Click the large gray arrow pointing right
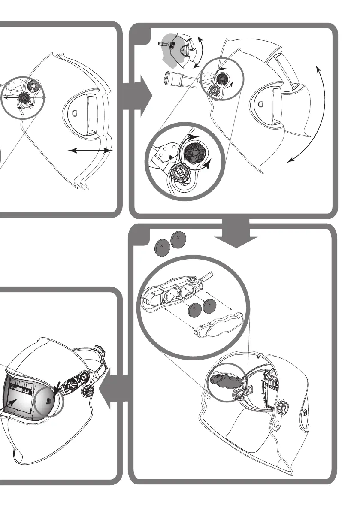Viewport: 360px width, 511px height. click(138, 98)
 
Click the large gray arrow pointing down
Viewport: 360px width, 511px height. click(236, 235)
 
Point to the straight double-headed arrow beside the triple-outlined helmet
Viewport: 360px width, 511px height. click(91, 151)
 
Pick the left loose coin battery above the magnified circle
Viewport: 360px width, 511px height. click(161, 248)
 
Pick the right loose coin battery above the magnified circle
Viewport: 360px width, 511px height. click(177, 238)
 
